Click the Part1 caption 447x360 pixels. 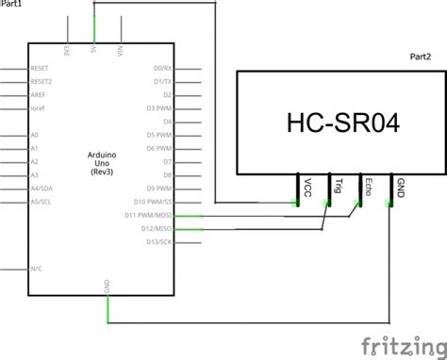click(x=12, y=5)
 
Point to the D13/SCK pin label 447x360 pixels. click(x=155, y=242)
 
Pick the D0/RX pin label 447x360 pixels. click(x=161, y=68)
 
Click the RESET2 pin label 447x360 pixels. click(x=41, y=81)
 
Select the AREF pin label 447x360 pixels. click(x=39, y=95)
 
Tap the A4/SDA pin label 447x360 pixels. click(x=41, y=188)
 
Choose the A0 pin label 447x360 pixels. click(x=35, y=135)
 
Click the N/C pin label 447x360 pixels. click(x=36, y=269)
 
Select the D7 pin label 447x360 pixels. click(x=166, y=162)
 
